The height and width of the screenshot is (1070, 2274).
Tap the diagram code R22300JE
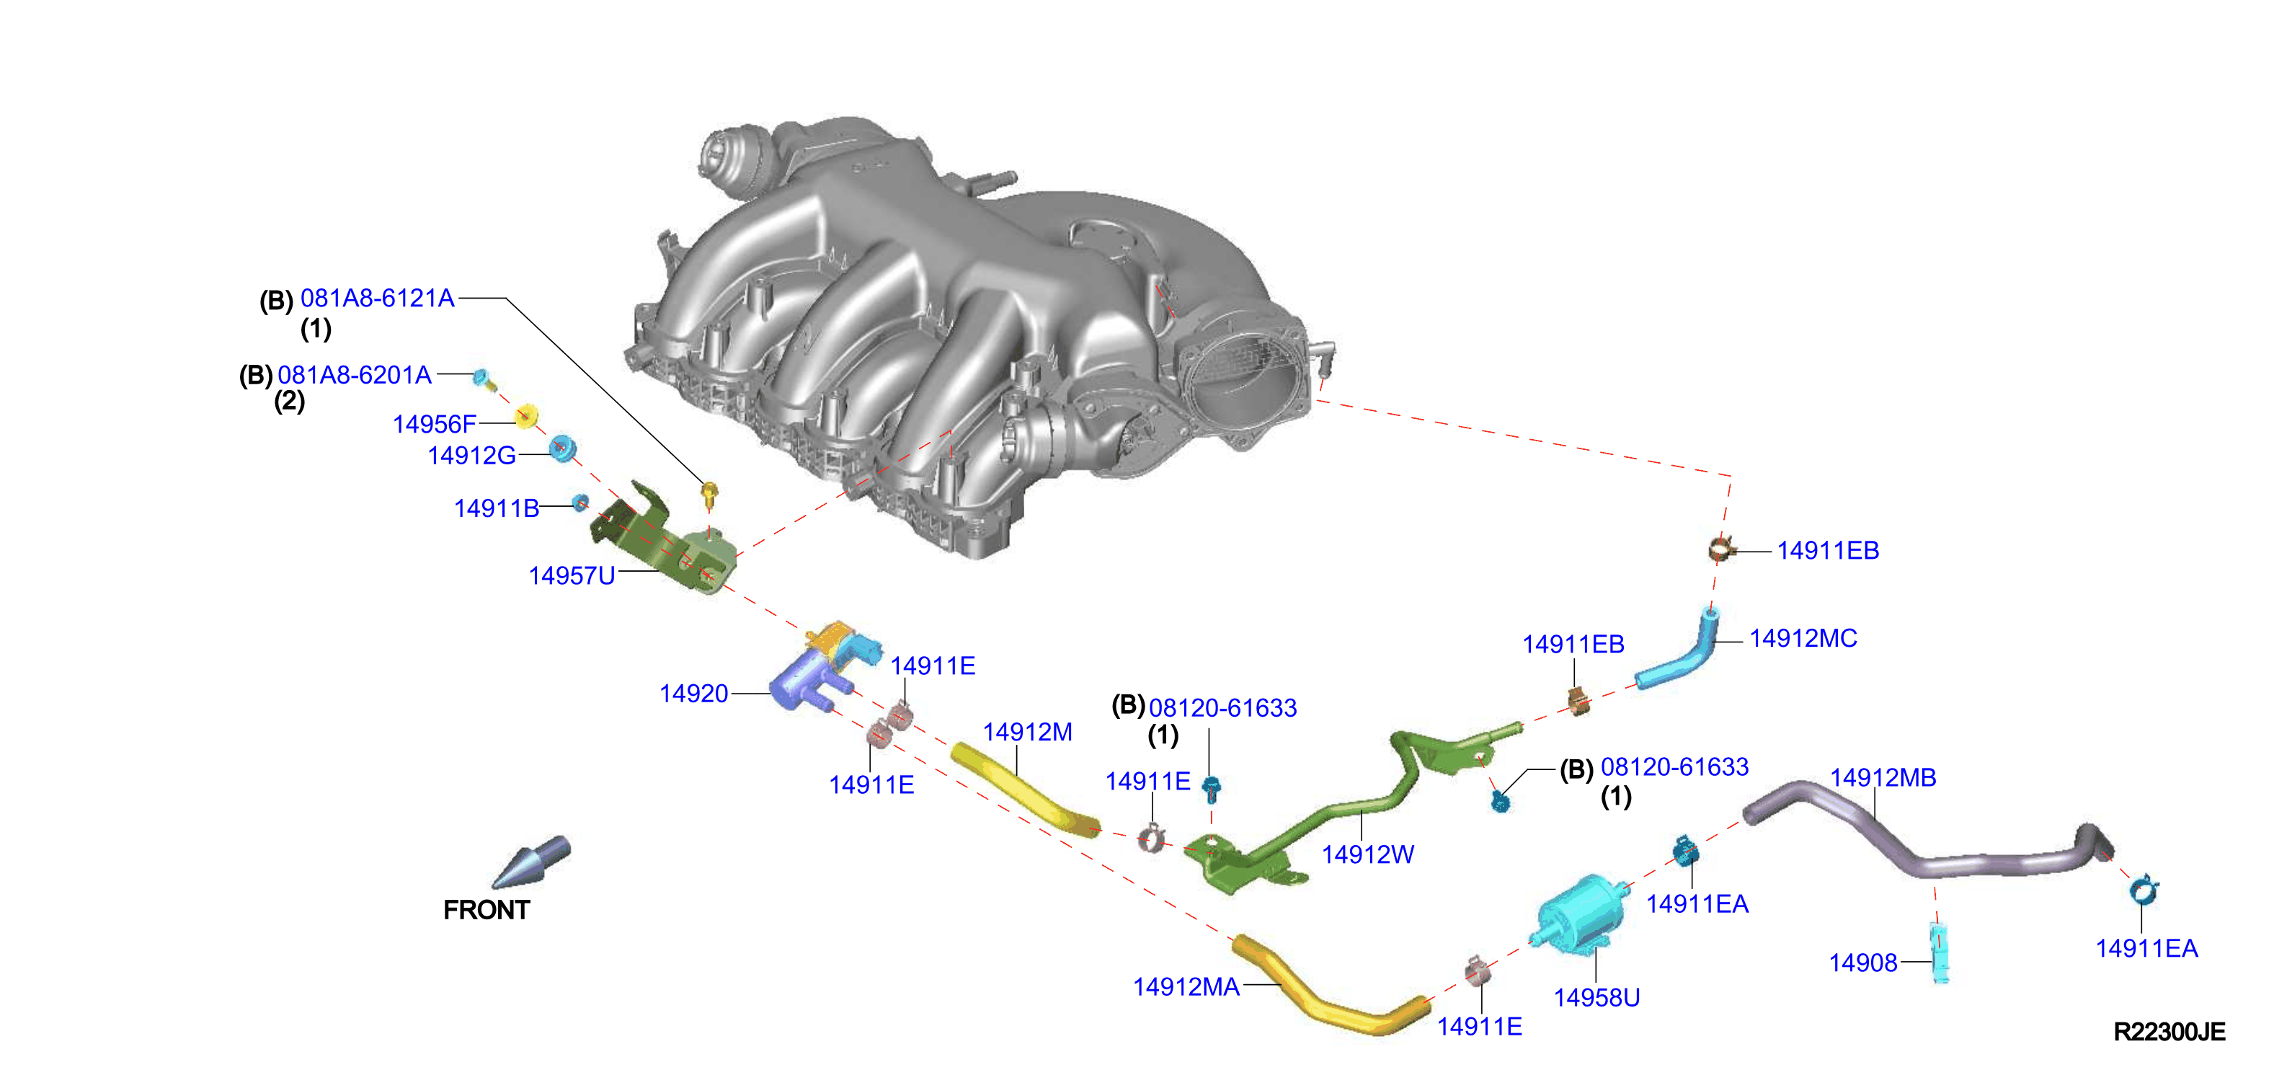[x=2169, y=1031]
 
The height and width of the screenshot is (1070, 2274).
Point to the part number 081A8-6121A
[x=377, y=299]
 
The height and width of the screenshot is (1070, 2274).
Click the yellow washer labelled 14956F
[x=527, y=415]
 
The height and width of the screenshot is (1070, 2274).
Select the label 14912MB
[x=1883, y=778]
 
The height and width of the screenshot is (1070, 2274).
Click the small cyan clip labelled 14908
[x=1940, y=952]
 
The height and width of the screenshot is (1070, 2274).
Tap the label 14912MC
[x=1803, y=638]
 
